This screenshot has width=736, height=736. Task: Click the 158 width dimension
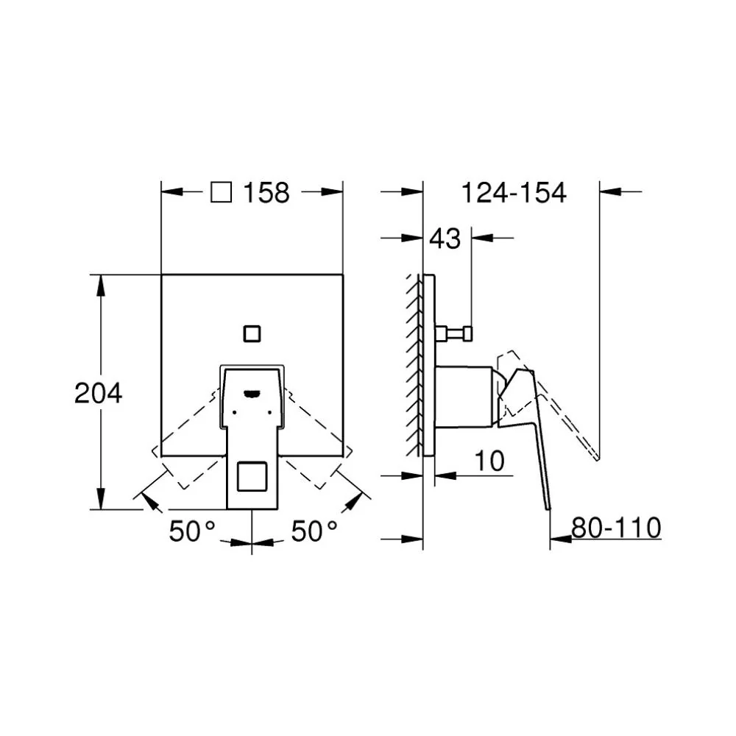pos(266,192)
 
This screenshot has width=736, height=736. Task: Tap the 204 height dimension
pos(98,393)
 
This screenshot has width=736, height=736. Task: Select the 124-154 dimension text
pos(514,192)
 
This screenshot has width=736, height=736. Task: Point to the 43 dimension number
pos(445,238)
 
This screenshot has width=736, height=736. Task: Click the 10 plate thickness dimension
pos(489,461)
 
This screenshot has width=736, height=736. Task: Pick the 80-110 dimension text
pos(616,528)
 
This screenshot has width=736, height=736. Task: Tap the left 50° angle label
pos(192,531)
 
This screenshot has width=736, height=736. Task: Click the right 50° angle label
pos(314,531)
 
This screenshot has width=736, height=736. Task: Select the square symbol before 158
pos(221,192)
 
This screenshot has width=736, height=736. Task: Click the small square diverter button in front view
pos(252,333)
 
